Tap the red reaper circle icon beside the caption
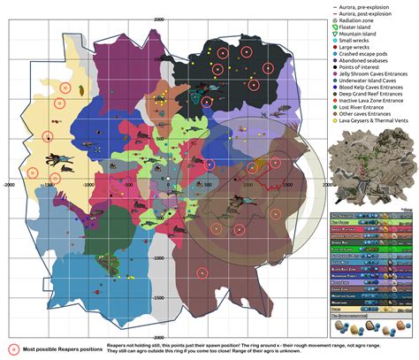click(13, 347)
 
